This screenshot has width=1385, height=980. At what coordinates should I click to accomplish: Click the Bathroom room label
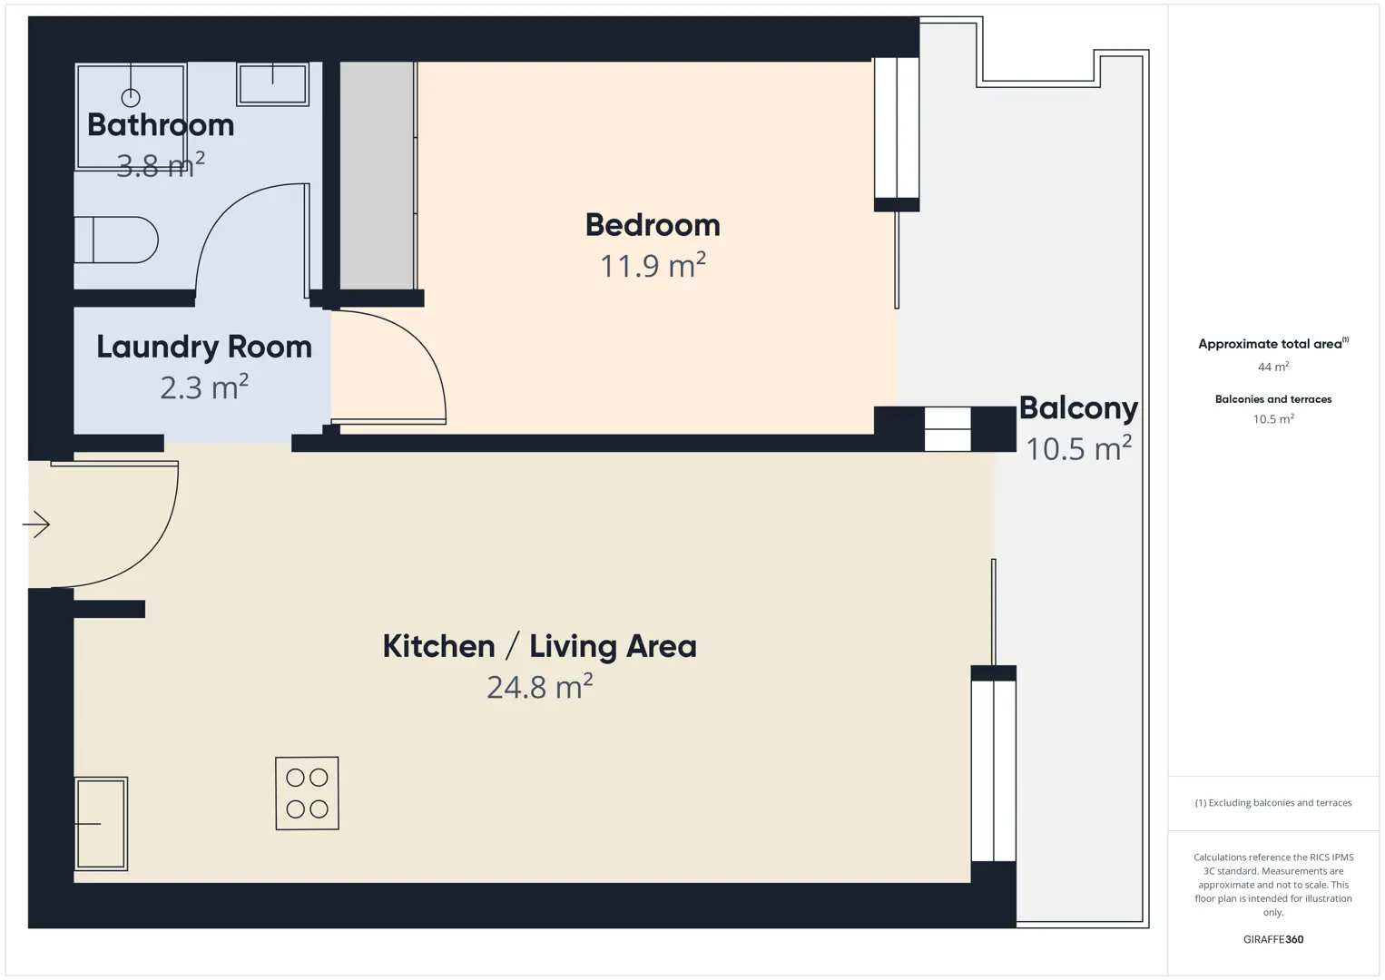click(161, 125)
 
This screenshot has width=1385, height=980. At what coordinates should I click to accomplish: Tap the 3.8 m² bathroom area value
click(161, 165)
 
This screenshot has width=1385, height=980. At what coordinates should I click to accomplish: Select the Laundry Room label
click(204, 348)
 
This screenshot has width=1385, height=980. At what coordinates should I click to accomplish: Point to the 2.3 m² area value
click(204, 387)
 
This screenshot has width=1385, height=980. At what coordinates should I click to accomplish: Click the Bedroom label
click(653, 225)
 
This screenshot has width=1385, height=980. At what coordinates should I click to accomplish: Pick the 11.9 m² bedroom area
click(653, 265)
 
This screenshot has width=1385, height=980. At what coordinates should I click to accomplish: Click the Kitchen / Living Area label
click(540, 647)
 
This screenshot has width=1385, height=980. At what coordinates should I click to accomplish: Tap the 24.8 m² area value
click(540, 686)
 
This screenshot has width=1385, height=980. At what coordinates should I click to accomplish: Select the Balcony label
click(1078, 409)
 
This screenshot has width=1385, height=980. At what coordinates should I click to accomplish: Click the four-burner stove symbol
click(307, 793)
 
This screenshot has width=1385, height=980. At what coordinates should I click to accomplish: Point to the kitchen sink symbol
click(102, 824)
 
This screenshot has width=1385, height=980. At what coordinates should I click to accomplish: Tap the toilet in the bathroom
click(116, 240)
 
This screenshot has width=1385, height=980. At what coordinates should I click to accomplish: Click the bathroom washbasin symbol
click(272, 84)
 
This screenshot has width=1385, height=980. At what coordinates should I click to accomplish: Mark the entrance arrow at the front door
click(36, 524)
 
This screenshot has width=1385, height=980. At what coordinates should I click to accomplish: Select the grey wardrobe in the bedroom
click(378, 176)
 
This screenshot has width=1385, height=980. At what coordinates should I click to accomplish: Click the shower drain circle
click(131, 98)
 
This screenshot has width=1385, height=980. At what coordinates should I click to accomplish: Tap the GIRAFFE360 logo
click(1273, 939)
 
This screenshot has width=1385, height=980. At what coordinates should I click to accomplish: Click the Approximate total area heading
click(1273, 344)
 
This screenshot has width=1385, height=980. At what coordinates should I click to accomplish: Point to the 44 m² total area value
click(1273, 367)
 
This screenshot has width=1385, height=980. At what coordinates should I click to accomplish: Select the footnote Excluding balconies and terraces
click(1273, 802)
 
